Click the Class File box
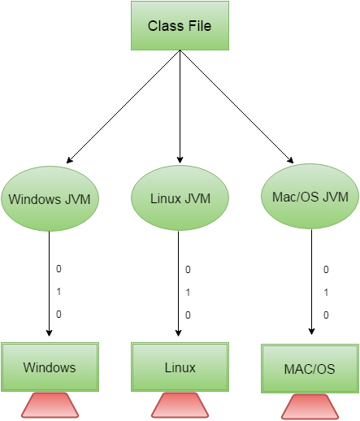[180, 25]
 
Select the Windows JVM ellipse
[50, 198]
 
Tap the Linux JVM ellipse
[180, 198]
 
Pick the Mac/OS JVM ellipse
[310, 196]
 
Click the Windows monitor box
[50, 367]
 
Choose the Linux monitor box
[180, 367]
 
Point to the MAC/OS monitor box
[310, 368]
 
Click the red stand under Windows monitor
[50, 405]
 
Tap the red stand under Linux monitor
[180, 405]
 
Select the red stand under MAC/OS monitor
[310, 406]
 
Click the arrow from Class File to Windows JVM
[124, 106]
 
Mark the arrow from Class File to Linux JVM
[180, 106]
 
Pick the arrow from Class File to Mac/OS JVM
[236, 106]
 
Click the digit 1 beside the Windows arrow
[59, 292]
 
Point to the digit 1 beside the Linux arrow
[188, 293]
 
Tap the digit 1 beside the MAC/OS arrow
[326, 293]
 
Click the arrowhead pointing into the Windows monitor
[49, 333]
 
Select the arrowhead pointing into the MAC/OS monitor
[311, 332]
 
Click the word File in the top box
[200, 26]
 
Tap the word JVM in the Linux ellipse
[197, 198]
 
